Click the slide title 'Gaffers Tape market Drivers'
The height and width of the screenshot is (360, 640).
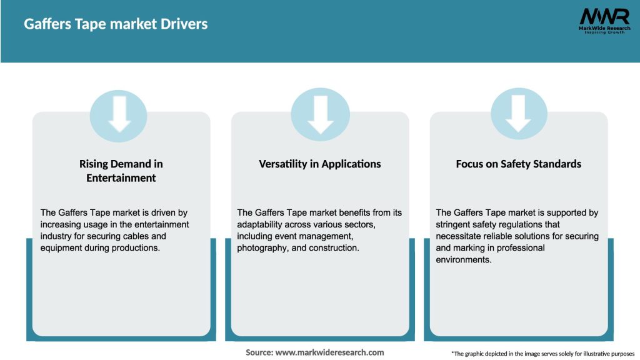coord(116,24)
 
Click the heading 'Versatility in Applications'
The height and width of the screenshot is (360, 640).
coord(320,164)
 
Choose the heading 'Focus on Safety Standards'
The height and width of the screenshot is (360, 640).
coord(519,164)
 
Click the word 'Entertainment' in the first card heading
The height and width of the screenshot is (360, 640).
coord(121,178)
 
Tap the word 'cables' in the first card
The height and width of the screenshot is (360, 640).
coord(152,236)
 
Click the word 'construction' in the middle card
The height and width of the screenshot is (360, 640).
coord(333,248)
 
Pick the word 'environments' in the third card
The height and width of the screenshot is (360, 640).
coord(464,260)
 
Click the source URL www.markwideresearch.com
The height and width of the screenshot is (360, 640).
coord(329,352)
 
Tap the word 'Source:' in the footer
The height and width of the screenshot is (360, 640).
coord(259,352)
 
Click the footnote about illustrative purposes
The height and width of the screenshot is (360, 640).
coord(542,354)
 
